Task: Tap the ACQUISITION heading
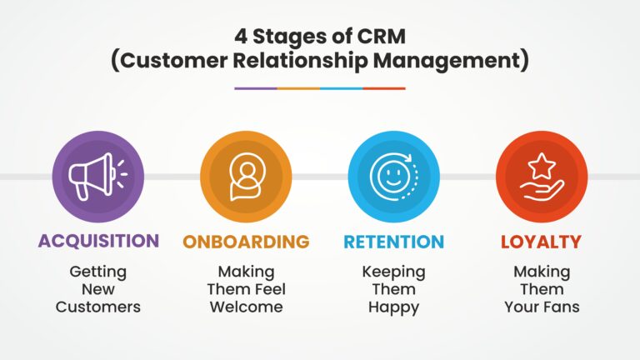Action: [x=98, y=242]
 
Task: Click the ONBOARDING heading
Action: [x=246, y=242]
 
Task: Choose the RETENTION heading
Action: [x=393, y=242]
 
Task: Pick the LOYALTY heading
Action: [x=541, y=242]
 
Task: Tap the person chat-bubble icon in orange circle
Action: [x=246, y=177]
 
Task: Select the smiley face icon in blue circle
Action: [x=392, y=177]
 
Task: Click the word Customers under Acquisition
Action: [x=98, y=307]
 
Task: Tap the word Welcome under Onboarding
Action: [x=246, y=307]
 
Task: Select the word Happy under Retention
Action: [x=393, y=307]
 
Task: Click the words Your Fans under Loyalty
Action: [x=541, y=307]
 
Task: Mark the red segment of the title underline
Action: [x=384, y=87]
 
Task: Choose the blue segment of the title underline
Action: [x=342, y=87]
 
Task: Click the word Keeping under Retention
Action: [x=393, y=272]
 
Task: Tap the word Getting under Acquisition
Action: [x=98, y=272]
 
